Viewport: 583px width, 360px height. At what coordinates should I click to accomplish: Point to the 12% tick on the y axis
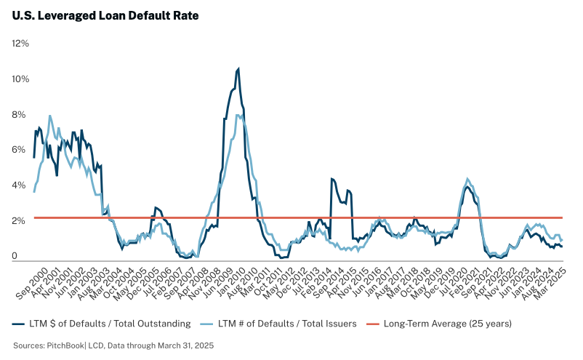(x=20, y=44)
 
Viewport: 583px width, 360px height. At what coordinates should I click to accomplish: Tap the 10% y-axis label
(x=20, y=79)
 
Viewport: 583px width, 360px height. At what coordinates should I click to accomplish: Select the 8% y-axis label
(x=21, y=115)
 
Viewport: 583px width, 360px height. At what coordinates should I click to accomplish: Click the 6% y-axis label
(x=21, y=150)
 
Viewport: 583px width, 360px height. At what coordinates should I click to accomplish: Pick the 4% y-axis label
(x=21, y=185)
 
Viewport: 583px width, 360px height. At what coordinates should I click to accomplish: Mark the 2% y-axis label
(x=21, y=221)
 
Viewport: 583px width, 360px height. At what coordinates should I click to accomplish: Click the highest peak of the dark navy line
(x=238, y=69)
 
